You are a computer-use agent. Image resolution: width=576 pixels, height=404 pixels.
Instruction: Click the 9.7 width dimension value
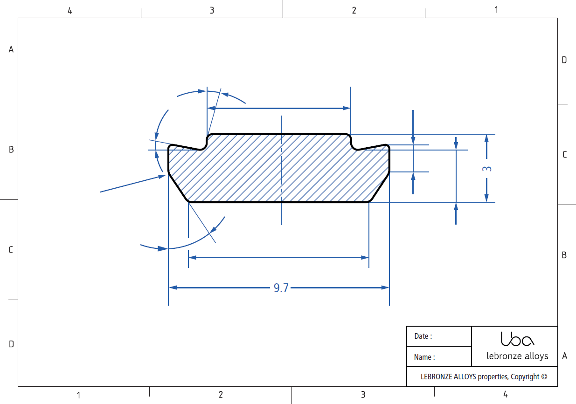coord(281,288)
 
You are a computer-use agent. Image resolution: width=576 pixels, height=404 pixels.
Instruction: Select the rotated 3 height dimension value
coord(487,169)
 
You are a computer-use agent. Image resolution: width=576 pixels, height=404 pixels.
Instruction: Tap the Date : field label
coord(423,336)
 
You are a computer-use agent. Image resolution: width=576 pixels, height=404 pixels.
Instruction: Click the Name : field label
coord(424,357)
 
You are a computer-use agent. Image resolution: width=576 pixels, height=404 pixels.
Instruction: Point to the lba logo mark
coord(517,339)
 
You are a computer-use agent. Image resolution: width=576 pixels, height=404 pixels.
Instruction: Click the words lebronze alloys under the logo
coord(517,356)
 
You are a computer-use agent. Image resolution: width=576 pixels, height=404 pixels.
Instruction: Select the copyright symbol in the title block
coord(544,377)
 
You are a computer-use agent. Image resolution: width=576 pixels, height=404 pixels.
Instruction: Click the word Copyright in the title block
coord(525,377)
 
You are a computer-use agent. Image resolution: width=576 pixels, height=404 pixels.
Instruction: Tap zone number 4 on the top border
coord(69,11)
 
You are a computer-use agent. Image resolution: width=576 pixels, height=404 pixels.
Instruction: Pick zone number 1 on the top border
coord(496,10)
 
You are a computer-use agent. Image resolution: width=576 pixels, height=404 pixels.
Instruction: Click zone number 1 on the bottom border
coord(79,395)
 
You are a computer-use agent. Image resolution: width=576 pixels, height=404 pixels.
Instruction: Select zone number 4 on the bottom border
coord(505,394)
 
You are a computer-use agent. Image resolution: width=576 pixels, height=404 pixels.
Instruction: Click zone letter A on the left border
coord(11,49)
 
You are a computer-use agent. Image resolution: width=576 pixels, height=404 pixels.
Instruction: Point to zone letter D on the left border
coord(11,344)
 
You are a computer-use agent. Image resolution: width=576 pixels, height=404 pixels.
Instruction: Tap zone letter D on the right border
coord(564,60)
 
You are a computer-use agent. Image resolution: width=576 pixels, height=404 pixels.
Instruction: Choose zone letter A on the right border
coord(565,356)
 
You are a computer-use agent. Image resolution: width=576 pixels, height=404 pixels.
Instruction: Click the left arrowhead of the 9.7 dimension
coord(173,288)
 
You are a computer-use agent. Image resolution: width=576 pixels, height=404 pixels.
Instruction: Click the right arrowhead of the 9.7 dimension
coord(385,288)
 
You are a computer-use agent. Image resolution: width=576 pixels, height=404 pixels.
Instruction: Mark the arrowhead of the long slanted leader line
coord(162,177)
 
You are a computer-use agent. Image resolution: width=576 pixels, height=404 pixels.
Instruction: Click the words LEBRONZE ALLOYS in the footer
coord(448,377)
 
